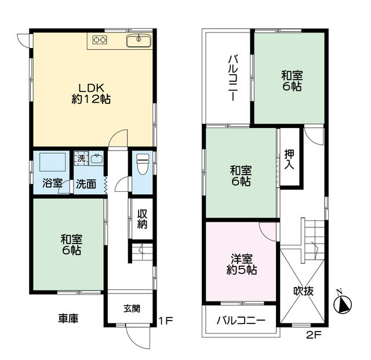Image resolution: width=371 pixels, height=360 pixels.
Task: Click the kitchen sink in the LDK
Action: click(x=139, y=41)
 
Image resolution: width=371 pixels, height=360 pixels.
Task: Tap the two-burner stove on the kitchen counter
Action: click(x=100, y=40)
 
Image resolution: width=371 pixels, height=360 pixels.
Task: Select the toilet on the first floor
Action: click(x=143, y=164)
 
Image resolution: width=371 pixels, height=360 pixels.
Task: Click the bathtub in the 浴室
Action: click(x=53, y=162)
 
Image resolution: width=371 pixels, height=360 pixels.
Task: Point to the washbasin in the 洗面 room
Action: click(x=97, y=159)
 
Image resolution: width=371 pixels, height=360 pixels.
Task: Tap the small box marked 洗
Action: click(x=81, y=159)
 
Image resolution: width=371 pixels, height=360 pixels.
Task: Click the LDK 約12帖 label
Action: click(x=91, y=94)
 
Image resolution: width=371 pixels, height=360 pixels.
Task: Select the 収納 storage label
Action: click(x=142, y=219)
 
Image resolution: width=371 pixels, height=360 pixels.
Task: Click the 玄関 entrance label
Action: click(x=132, y=308)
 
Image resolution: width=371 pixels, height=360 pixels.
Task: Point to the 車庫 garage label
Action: click(x=68, y=319)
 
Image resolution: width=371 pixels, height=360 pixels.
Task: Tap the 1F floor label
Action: click(x=166, y=321)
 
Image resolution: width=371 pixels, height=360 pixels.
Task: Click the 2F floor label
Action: click(x=314, y=335)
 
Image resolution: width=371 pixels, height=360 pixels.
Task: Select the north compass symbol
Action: click(x=343, y=303)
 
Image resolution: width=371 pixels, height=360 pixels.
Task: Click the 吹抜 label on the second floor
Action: click(x=304, y=291)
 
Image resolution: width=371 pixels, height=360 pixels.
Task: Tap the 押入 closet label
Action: click(x=289, y=159)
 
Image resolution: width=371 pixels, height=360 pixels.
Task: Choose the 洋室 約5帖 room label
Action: click(x=242, y=264)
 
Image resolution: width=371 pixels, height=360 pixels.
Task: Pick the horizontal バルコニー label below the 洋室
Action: click(x=241, y=321)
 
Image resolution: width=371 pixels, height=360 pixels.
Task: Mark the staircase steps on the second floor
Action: click(x=312, y=240)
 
